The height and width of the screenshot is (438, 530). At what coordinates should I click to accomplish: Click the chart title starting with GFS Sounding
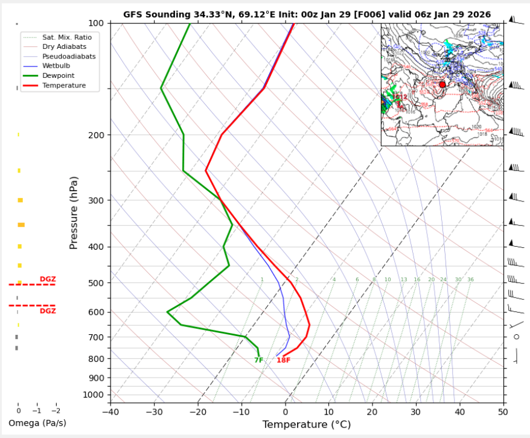[x=307, y=14]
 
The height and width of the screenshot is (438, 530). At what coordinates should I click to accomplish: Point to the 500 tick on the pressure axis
[x=97, y=283]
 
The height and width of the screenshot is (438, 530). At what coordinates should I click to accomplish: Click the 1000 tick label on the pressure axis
[x=94, y=395]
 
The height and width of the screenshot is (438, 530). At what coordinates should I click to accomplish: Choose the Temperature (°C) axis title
[x=306, y=425]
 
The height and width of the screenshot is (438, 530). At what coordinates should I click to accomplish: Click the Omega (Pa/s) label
[x=37, y=423]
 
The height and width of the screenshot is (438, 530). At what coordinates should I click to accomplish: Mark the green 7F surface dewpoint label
[x=258, y=360]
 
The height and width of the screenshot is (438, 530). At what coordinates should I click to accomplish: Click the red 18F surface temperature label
[x=283, y=360]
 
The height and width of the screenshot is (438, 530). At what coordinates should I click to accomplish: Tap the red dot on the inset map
[x=442, y=84]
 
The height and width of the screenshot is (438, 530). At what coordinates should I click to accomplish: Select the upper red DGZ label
[x=48, y=279]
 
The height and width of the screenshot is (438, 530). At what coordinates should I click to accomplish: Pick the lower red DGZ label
[x=48, y=311]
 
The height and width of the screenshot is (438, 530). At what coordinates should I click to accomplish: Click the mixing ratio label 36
[x=470, y=280]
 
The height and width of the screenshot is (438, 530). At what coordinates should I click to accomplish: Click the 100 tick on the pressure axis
[x=97, y=23]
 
